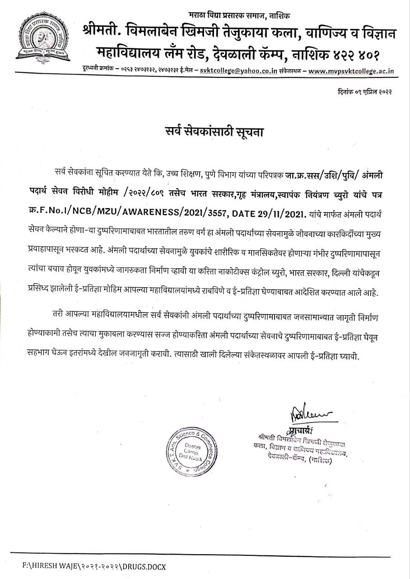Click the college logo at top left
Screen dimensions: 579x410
pyautogui.click(x=42, y=38)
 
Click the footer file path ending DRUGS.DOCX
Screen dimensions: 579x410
pyautogui.click(x=95, y=566)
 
